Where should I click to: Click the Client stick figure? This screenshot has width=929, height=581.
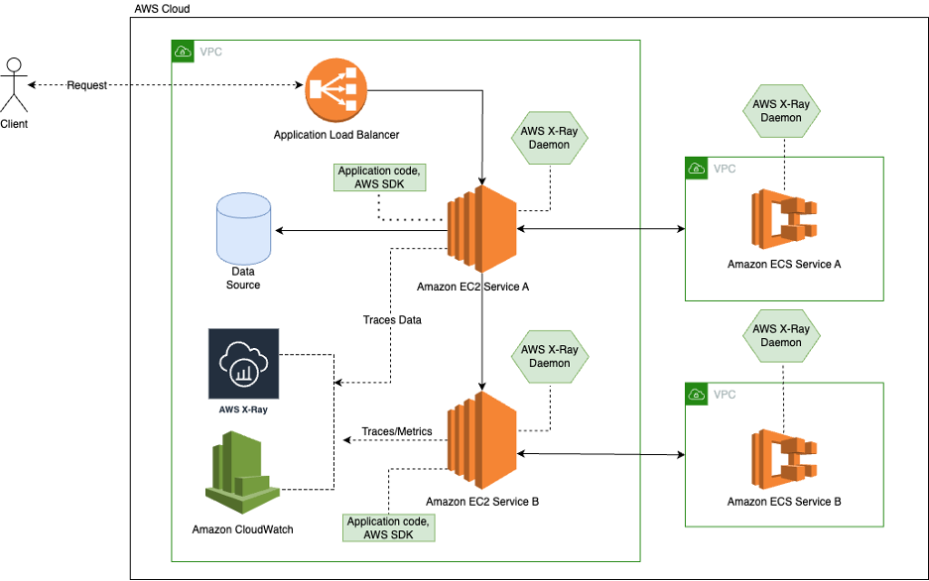coord(14,87)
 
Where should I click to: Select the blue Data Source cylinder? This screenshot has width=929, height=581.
coord(243,228)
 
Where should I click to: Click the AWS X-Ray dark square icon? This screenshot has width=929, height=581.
coord(244,363)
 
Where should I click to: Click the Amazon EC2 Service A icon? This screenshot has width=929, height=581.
coord(481,230)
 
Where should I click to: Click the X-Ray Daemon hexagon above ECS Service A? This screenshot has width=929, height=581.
coord(783,109)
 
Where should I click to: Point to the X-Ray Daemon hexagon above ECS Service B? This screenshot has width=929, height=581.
coord(783,335)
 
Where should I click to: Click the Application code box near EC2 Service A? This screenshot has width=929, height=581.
coord(380,177)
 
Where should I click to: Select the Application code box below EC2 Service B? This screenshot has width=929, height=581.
coord(388,527)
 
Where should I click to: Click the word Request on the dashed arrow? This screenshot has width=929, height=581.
coord(87,85)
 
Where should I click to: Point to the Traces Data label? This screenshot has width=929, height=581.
coord(391,320)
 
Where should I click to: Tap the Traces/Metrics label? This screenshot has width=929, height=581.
coord(395,431)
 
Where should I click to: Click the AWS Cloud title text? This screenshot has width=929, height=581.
coord(162,8)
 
